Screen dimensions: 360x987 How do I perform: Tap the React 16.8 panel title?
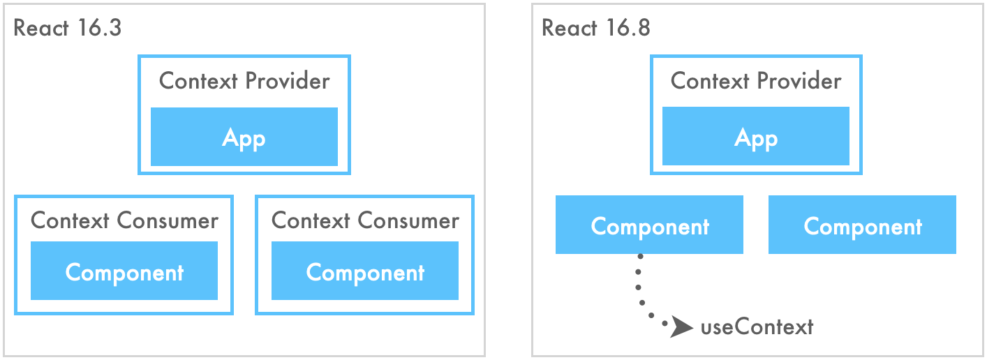pyautogui.click(x=595, y=29)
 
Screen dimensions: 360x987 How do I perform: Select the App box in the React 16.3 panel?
pyautogui.click(x=244, y=137)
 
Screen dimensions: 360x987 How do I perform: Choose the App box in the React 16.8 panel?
pyautogui.click(x=756, y=137)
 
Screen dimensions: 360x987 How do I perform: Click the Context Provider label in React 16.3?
pyautogui.click(x=244, y=81)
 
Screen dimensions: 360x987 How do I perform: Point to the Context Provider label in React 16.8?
pyautogui.click(x=756, y=81)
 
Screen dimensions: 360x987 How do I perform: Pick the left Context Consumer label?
pyautogui.click(x=124, y=221)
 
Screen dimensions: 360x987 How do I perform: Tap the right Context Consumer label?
pyautogui.click(x=365, y=221)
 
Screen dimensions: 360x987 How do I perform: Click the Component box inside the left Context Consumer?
pyautogui.click(x=124, y=271)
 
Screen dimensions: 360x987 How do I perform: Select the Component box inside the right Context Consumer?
pyautogui.click(x=365, y=271)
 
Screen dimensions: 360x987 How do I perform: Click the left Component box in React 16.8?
pyautogui.click(x=649, y=225)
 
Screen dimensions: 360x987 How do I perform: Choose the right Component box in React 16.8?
pyautogui.click(x=862, y=225)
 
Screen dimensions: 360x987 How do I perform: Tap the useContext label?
pyautogui.click(x=757, y=327)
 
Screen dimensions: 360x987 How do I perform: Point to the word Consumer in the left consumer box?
pyautogui.click(x=168, y=221)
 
